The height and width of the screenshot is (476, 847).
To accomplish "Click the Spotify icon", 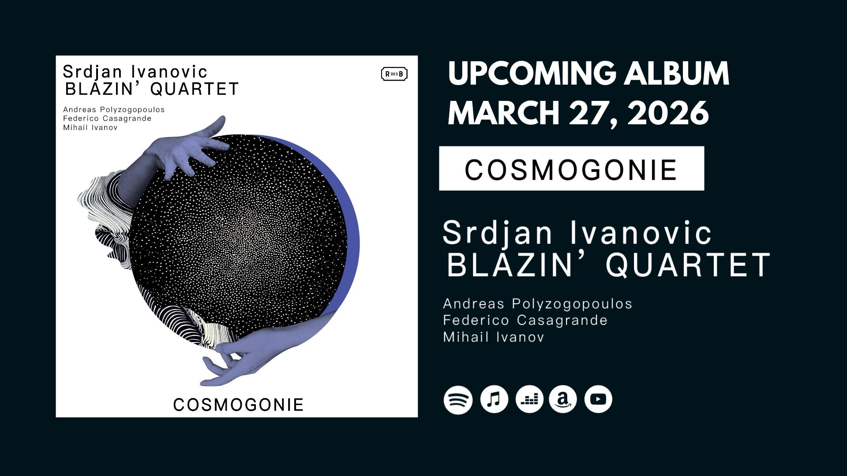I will [458, 399].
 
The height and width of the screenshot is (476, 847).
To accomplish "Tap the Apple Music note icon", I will [494, 399].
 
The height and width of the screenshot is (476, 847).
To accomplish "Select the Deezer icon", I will [529, 399].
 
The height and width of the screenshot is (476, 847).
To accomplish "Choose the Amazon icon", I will [563, 399].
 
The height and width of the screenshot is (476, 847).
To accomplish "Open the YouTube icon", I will [598, 399].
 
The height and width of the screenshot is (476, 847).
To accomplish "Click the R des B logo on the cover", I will [394, 74].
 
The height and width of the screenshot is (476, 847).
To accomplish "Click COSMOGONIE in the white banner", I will [571, 170].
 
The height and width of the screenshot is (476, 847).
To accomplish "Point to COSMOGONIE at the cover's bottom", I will [238, 405].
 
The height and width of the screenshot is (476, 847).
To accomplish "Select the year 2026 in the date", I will [668, 113].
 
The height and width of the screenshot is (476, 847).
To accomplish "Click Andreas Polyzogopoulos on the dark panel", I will [537, 304].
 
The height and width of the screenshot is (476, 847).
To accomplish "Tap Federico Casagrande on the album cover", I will [107, 119].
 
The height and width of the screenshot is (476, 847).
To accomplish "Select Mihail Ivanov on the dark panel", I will [493, 337].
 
